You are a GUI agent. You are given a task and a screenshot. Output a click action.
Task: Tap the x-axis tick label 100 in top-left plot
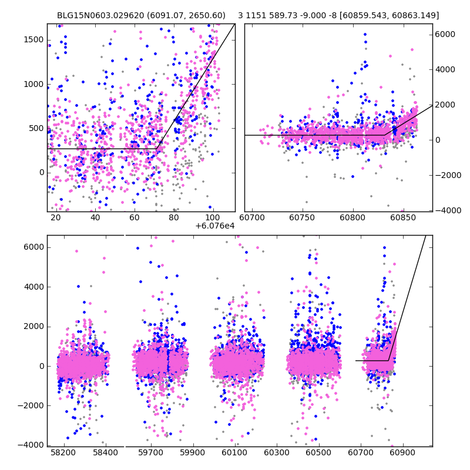(213, 218)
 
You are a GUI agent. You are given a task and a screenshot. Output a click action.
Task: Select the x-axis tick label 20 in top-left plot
(55, 218)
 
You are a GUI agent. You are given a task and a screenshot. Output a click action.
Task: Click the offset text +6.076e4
(214, 226)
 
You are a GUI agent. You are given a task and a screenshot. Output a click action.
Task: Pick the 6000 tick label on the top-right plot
(445, 34)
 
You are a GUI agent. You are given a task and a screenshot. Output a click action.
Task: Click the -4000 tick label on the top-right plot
(446, 210)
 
